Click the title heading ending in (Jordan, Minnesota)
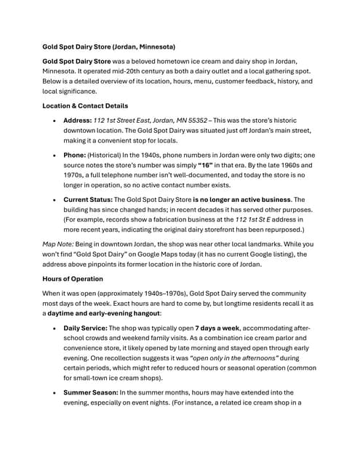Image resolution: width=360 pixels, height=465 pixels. coord(108,46)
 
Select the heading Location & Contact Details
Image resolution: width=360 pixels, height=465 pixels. coord(86,105)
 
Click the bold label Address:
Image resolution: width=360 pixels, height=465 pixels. coord(77,120)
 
